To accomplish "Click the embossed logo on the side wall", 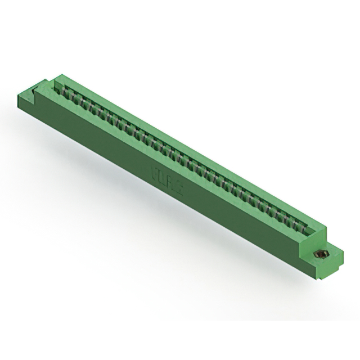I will click(x=166, y=180).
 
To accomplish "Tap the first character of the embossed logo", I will click(x=154, y=173).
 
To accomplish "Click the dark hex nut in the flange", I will click(x=319, y=254).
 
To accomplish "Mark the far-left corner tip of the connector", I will click(x=19, y=96).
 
